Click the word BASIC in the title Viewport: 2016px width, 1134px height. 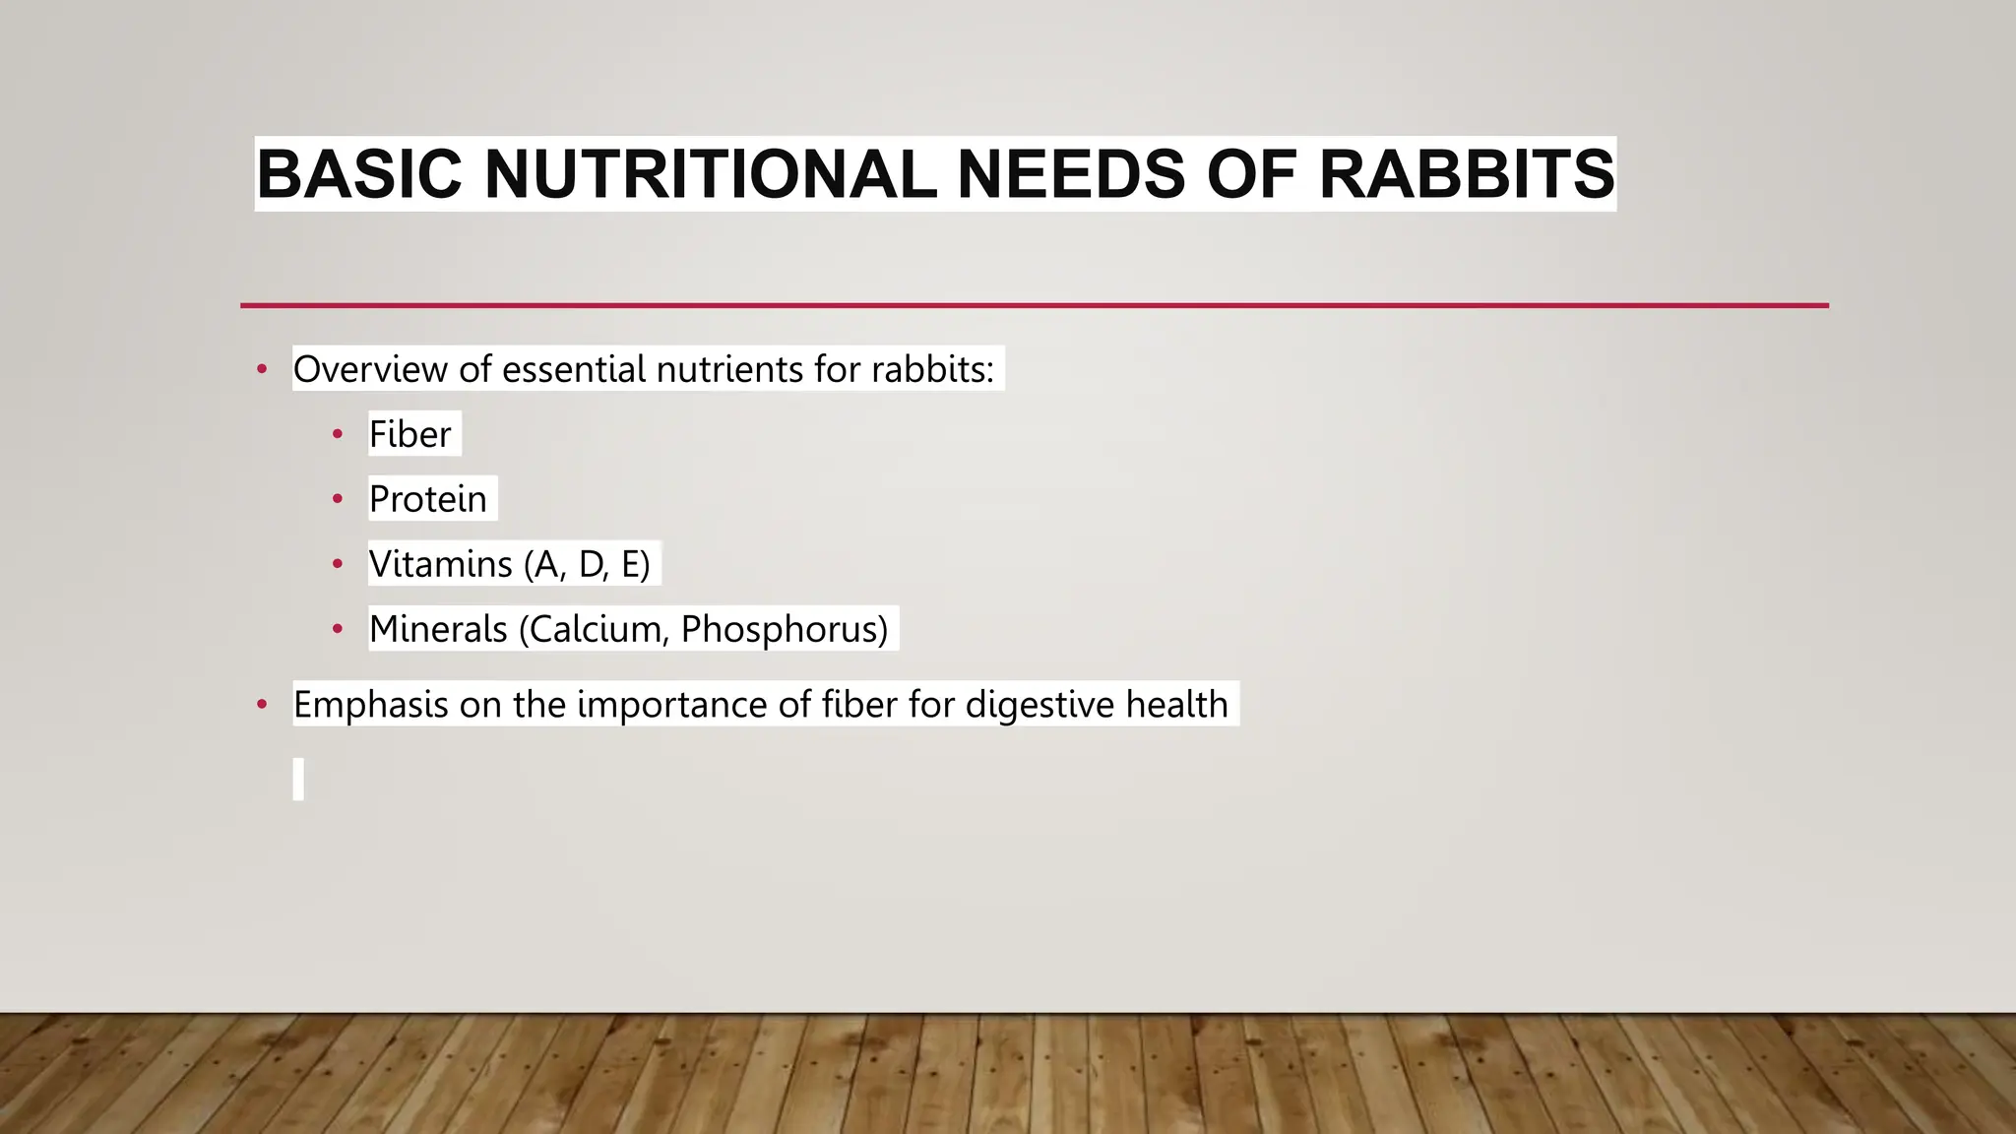[359, 174]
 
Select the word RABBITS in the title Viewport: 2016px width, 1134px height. [1466, 174]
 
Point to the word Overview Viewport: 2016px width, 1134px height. [370, 370]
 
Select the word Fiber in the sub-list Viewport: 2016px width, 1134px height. [409, 434]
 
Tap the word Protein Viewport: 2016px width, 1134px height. [427, 499]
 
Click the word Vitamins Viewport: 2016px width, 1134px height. [440, 564]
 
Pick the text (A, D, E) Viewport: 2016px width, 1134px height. [587, 564]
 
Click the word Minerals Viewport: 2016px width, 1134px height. [438, 629]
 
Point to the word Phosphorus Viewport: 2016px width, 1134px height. [782, 629]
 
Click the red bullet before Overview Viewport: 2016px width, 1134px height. [262, 370]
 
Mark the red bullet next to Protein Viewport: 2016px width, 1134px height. [338, 499]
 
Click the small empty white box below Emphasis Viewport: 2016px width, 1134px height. [298, 779]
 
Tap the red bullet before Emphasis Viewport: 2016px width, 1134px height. [262, 705]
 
